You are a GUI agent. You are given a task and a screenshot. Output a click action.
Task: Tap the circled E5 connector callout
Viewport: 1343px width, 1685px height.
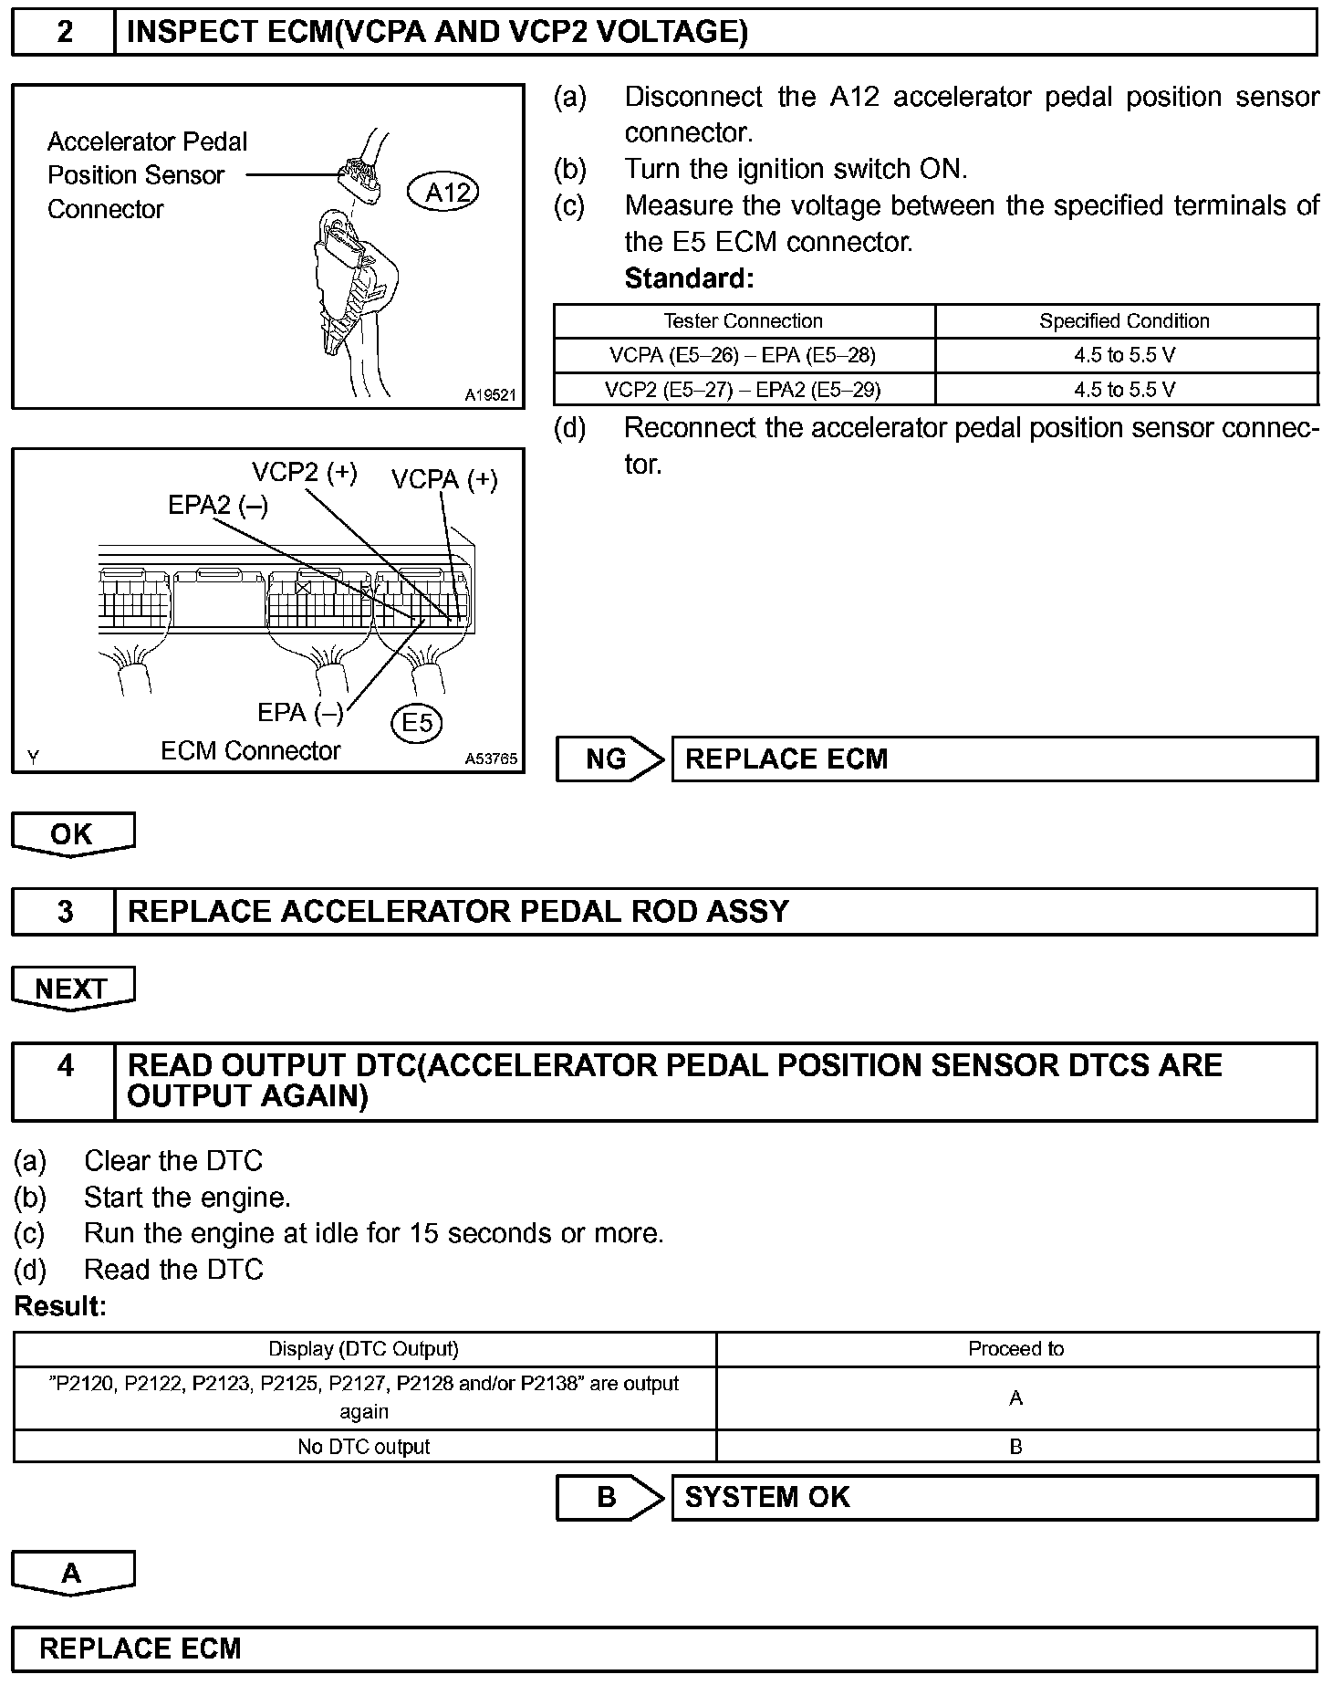pos(417,723)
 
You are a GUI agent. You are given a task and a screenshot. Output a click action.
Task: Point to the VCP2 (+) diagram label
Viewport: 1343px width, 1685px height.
pos(304,472)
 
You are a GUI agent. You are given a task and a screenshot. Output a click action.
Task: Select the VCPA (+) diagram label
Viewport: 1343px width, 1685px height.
pos(444,479)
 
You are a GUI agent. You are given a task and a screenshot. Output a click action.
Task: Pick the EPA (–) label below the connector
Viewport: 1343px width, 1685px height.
pos(300,712)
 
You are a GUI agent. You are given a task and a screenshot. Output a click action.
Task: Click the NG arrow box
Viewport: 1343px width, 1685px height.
pos(609,759)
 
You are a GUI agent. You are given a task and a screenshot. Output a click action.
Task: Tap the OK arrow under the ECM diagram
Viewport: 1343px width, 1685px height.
pos(72,834)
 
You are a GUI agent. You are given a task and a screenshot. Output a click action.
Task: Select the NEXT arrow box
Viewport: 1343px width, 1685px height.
pos(72,989)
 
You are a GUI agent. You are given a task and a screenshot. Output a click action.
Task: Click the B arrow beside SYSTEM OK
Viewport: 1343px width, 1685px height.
pos(609,1498)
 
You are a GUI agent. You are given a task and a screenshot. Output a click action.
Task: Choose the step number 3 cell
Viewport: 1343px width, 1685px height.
pos(65,912)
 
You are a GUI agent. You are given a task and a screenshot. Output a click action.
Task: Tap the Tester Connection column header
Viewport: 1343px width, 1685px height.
pos(743,321)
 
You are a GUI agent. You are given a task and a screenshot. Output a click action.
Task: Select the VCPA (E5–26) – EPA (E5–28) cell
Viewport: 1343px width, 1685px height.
pos(743,355)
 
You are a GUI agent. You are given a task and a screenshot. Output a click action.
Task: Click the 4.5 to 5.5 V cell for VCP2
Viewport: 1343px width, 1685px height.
pos(1124,390)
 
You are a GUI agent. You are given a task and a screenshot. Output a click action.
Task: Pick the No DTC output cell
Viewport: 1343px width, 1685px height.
pos(363,1447)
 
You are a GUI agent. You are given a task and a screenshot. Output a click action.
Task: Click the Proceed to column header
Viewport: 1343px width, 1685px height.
pos(1015,1349)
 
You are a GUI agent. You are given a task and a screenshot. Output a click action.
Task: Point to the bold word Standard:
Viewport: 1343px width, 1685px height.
pos(689,278)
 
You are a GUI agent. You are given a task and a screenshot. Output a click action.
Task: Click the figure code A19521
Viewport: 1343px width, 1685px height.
pos(490,395)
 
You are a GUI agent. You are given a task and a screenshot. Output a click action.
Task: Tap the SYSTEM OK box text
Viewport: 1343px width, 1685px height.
pos(767,1498)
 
